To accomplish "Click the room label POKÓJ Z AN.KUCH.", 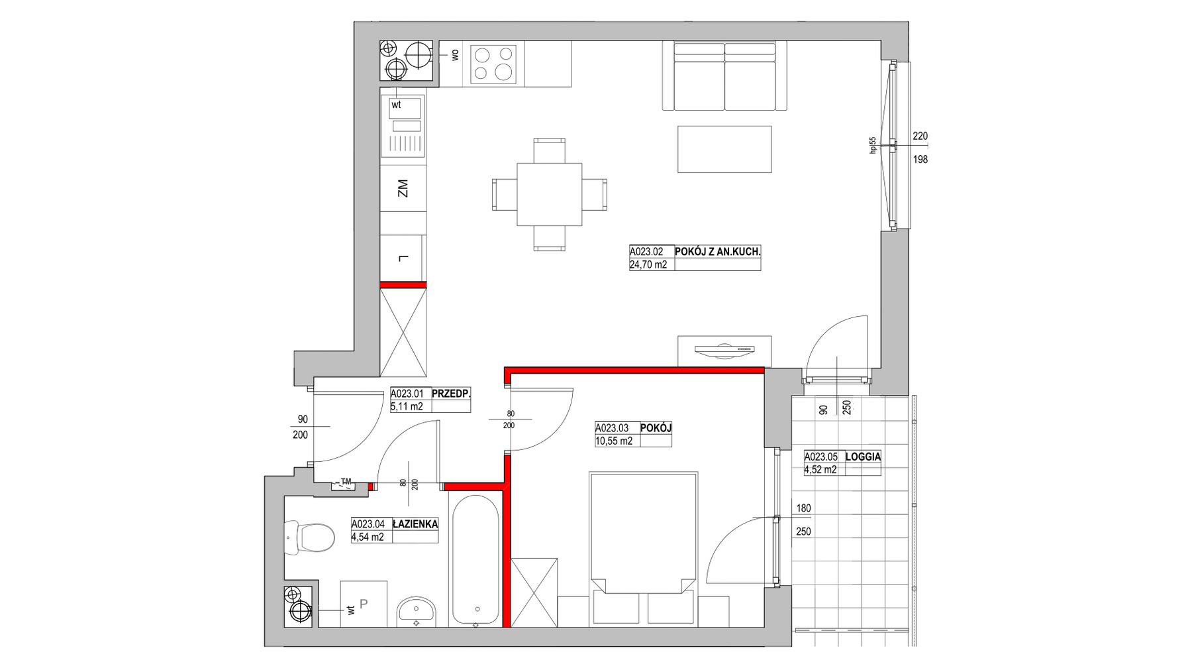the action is pos(717,252).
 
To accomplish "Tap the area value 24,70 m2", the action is pos(648,264).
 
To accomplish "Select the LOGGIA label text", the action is pos(863,457).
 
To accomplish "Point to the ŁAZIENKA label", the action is pos(415,524).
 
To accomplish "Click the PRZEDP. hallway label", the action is pos(451,393).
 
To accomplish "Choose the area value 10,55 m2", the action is pos(614,441).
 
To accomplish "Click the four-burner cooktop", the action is pos(493,64).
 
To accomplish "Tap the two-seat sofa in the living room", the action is pos(725,76).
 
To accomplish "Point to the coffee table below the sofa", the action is pos(724,149).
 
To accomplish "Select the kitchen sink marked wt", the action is pos(403,125).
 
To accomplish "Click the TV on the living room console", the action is pos(724,349).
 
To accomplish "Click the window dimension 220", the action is pos(920,137).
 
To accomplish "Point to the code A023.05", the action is pos(821,457).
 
